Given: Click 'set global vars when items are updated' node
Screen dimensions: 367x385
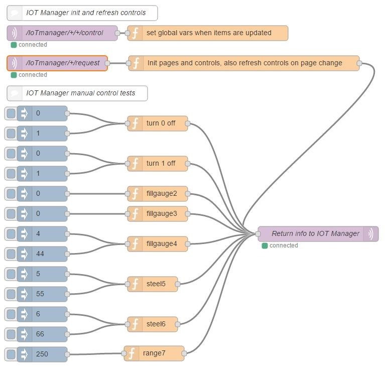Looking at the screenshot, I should (208, 33).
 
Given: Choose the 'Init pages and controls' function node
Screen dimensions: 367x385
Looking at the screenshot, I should (244, 63).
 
